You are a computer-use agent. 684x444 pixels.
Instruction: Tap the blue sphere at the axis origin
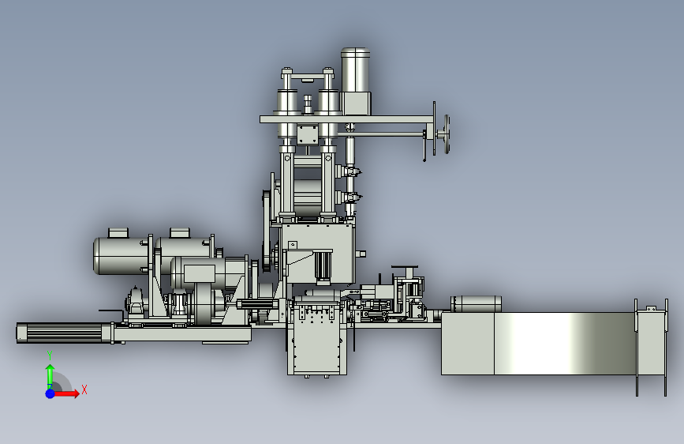tap(50, 393)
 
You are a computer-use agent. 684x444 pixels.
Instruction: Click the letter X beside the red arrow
tap(84, 389)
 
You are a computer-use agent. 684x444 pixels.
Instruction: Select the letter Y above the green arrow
tap(50, 356)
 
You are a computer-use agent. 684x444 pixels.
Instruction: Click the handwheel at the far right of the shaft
tap(446, 134)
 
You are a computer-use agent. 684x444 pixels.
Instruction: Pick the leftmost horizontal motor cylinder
tap(121, 256)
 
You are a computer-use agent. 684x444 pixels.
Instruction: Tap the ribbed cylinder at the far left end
tap(65, 333)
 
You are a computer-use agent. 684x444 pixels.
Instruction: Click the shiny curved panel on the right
tap(564, 344)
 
